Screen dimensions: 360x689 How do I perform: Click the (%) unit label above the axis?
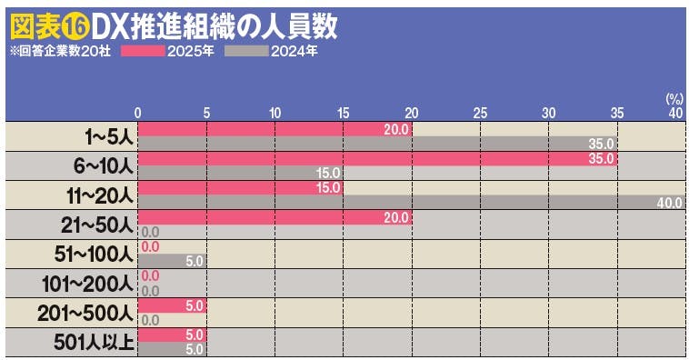674,97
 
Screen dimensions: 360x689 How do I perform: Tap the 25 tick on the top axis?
480,112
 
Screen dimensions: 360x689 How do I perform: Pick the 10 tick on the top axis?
275,112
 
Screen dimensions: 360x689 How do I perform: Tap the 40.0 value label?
669,203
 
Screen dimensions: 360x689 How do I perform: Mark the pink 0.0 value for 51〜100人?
151,246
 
